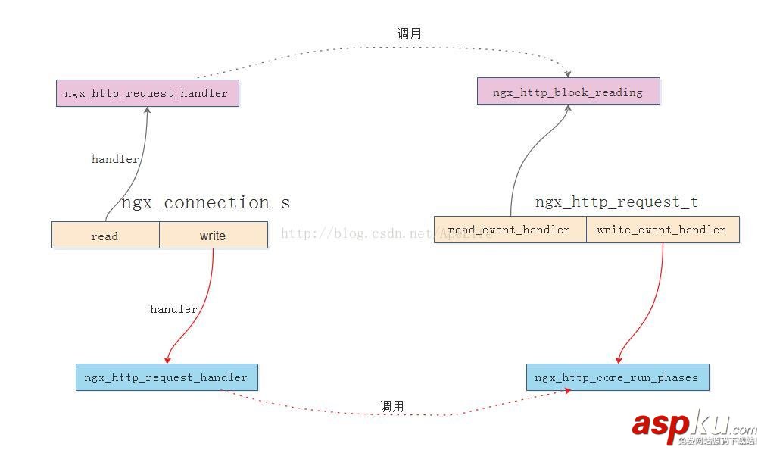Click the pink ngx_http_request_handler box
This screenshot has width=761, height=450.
(147, 93)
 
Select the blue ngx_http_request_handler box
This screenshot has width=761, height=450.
(166, 377)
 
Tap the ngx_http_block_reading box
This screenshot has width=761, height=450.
(568, 92)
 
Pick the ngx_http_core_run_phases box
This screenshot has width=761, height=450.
(617, 377)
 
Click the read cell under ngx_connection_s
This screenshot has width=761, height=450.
(104, 236)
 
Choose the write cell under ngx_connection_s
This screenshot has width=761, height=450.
(213, 236)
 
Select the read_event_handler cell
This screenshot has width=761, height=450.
(509, 230)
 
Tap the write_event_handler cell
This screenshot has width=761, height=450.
(661, 230)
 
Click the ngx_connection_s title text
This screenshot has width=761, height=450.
(205, 203)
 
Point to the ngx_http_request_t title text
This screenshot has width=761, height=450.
(616, 202)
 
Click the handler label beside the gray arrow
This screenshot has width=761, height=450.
(115, 159)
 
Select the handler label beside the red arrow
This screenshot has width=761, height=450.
(173, 309)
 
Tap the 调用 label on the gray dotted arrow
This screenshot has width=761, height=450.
(409, 34)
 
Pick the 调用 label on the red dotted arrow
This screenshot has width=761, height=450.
(391, 407)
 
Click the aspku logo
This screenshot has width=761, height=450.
(693, 427)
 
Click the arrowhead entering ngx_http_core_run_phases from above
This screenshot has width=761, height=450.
(619, 359)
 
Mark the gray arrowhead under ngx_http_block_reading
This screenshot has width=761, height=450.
(567, 109)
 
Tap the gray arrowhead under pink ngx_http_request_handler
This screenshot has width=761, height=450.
(147, 111)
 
